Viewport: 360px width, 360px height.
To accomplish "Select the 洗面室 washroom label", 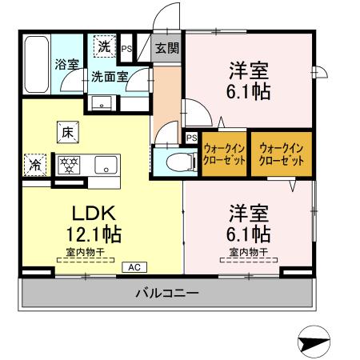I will [x=108, y=78].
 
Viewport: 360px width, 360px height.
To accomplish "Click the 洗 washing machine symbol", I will [x=105, y=46].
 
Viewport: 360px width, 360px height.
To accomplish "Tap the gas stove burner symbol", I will [x=70, y=166].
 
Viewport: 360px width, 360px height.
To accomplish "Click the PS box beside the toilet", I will [x=190, y=138].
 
